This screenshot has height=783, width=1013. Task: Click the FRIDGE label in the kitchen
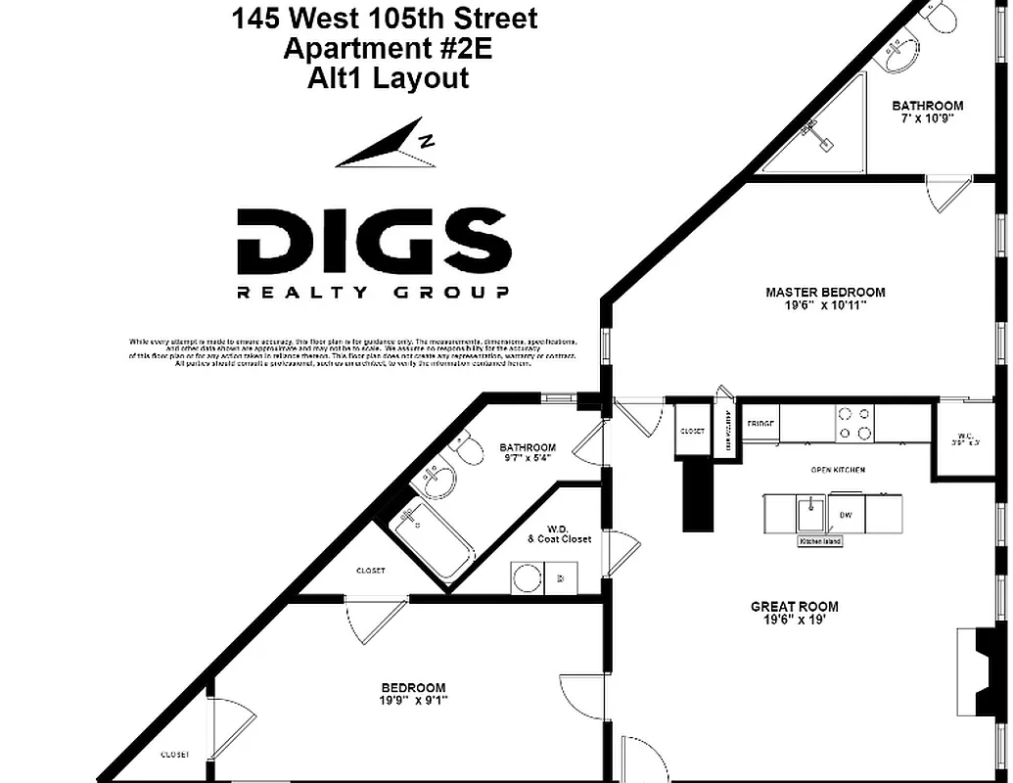[761, 424]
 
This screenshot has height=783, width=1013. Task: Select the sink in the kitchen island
[809, 511]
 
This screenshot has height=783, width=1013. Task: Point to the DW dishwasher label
[845, 514]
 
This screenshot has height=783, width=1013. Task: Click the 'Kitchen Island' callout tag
[820, 541]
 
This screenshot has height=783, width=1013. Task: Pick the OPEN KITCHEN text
[838, 470]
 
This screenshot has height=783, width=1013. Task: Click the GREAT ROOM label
[795, 607]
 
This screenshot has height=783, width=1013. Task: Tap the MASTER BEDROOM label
[825, 292]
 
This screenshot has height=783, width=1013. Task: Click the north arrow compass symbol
[387, 143]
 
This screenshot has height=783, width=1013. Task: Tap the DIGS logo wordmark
[374, 242]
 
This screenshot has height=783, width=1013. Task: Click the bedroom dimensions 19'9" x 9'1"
[413, 700]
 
